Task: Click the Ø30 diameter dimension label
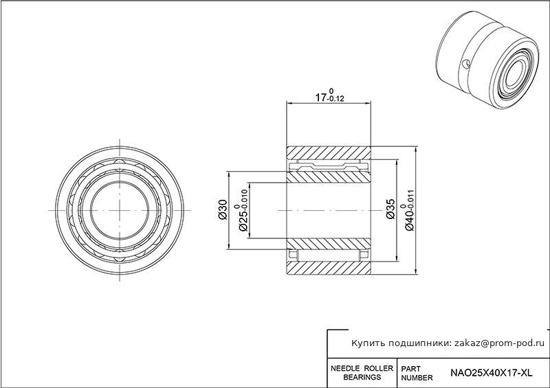coord(223,209)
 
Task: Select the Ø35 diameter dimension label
coord(390,209)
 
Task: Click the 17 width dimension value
coord(320,97)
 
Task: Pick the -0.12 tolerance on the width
coord(335,99)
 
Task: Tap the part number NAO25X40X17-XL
coord(491,373)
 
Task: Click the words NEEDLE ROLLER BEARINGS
coord(362,373)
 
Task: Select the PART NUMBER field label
coord(417,374)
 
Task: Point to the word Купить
coord(368,343)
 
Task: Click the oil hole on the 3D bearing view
coord(466,64)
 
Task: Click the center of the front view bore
coord(120,210)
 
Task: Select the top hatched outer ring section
coord(329,152)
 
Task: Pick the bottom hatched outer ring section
coord(329,267)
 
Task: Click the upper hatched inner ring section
coord(329,177)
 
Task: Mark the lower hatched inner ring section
coord(329,244)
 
